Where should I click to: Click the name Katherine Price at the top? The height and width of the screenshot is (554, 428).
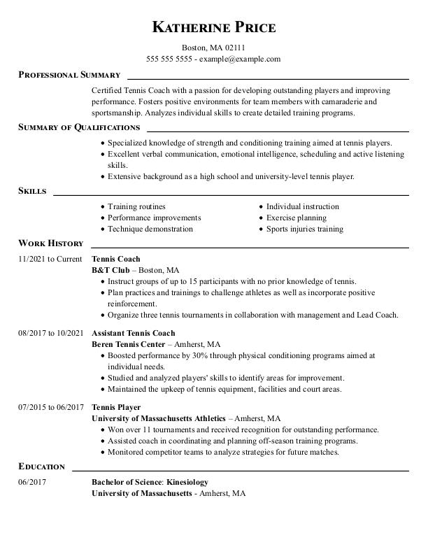pyautogui.click(x=214, y=27)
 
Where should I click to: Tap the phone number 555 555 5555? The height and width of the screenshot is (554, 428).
pyautogui.click(x=169, y=59)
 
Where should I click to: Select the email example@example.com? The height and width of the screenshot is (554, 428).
pyautogui.click(x=240, y=59)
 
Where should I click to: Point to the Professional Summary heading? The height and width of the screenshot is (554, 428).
pyautogui.click(x=69, y=75)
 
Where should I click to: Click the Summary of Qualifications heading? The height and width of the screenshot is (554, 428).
pyautogui.click(x=79, y=127)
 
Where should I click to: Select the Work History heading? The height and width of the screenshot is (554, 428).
pyautogui.click(x=50, y=243)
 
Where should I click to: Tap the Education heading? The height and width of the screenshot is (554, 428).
pyautogui.click(x=41, y=467)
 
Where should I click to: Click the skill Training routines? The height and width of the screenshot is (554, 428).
pyautogui.click(x=136, y=207)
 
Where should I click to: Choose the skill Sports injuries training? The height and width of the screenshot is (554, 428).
pyautogui.click(x=304, y=229)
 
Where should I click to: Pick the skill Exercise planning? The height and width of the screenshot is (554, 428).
pyautogui.click(x=296, y=218)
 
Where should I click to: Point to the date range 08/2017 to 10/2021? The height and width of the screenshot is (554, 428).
pyautogui.click(x=51, y=334)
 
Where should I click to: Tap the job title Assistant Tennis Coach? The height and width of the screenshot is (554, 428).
pyautogui.click(x=134, y=334)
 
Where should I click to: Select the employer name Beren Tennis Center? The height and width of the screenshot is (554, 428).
pyautogui.click(x=128, y=345)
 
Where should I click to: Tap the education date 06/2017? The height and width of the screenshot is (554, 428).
pyautogui.click(x=31, y=483)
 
